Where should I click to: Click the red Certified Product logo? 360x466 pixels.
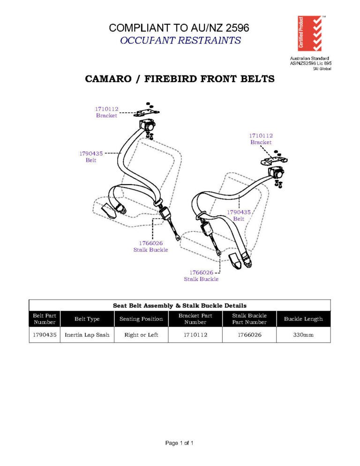pos(310,33)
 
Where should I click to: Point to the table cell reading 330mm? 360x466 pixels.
pos(303,335)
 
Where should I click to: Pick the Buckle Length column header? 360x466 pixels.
pos(303,319)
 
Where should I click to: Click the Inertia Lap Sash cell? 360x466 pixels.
pos(87,335)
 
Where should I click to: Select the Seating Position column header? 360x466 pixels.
pos(141,319)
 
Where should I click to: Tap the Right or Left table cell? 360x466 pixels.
pos(141,335)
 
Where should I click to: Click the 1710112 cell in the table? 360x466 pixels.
pos(195,335)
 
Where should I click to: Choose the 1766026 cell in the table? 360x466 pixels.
pos(249,335)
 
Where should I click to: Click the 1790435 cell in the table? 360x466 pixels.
pos(45,335)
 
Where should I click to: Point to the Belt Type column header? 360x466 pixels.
pos(87,319)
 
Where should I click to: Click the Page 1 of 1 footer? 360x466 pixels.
pos(180,443)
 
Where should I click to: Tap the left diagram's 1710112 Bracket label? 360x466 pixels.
pos(107,112)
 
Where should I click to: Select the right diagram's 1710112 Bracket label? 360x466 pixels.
pos(261,139)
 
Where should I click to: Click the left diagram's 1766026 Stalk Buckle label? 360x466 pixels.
pos(150,246)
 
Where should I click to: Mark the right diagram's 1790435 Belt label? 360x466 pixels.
pos(239,215)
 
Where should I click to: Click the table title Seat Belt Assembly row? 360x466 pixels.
pos(180,305)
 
